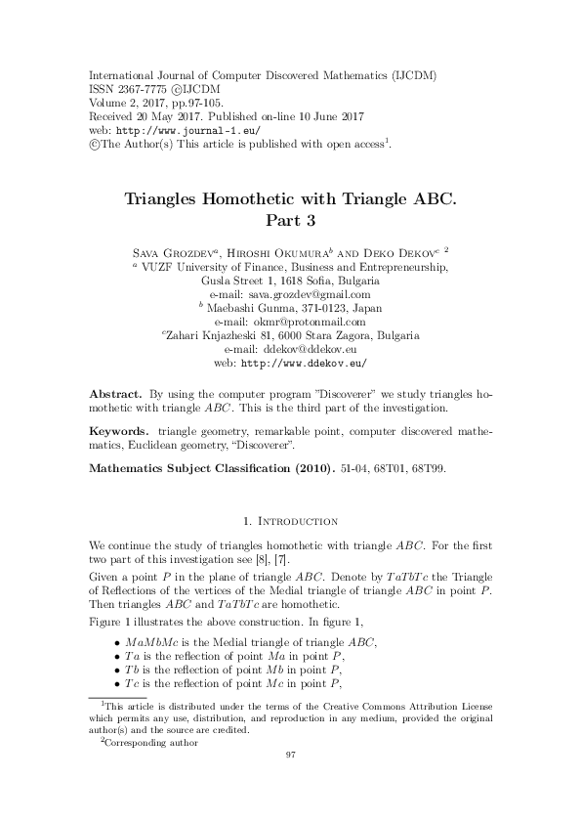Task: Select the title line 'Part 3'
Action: click(x=290, y=221)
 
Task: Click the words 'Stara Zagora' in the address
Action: click(x=357, y=333)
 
